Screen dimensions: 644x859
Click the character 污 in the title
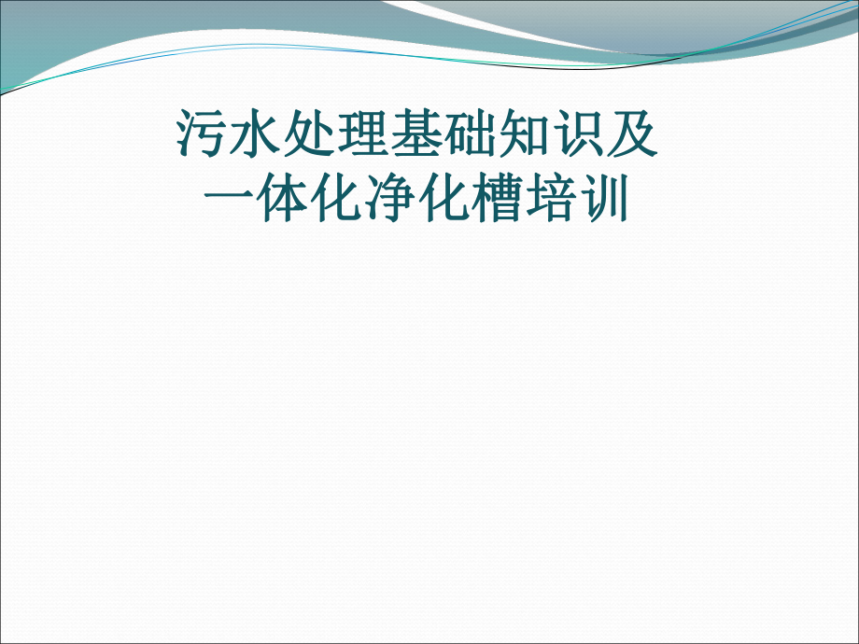202,135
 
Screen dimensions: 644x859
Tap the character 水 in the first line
256,135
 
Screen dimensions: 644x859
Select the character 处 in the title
309,135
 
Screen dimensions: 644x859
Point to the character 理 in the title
363,135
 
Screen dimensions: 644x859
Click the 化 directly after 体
336,201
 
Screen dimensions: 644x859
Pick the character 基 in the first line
417,135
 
